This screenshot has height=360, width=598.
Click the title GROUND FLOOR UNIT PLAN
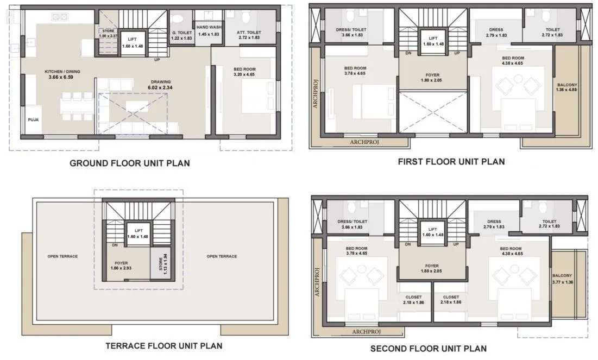click(130, 163)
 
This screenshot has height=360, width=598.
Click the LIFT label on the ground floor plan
click(132, 40)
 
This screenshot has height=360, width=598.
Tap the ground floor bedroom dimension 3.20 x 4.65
click(244, 75)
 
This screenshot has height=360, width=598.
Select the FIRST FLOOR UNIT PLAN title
click(451, 161)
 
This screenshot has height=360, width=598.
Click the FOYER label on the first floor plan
click(432, 75)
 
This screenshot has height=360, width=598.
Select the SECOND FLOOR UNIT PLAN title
click(429, 348)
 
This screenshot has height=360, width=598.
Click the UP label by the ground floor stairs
click(157, 60)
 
